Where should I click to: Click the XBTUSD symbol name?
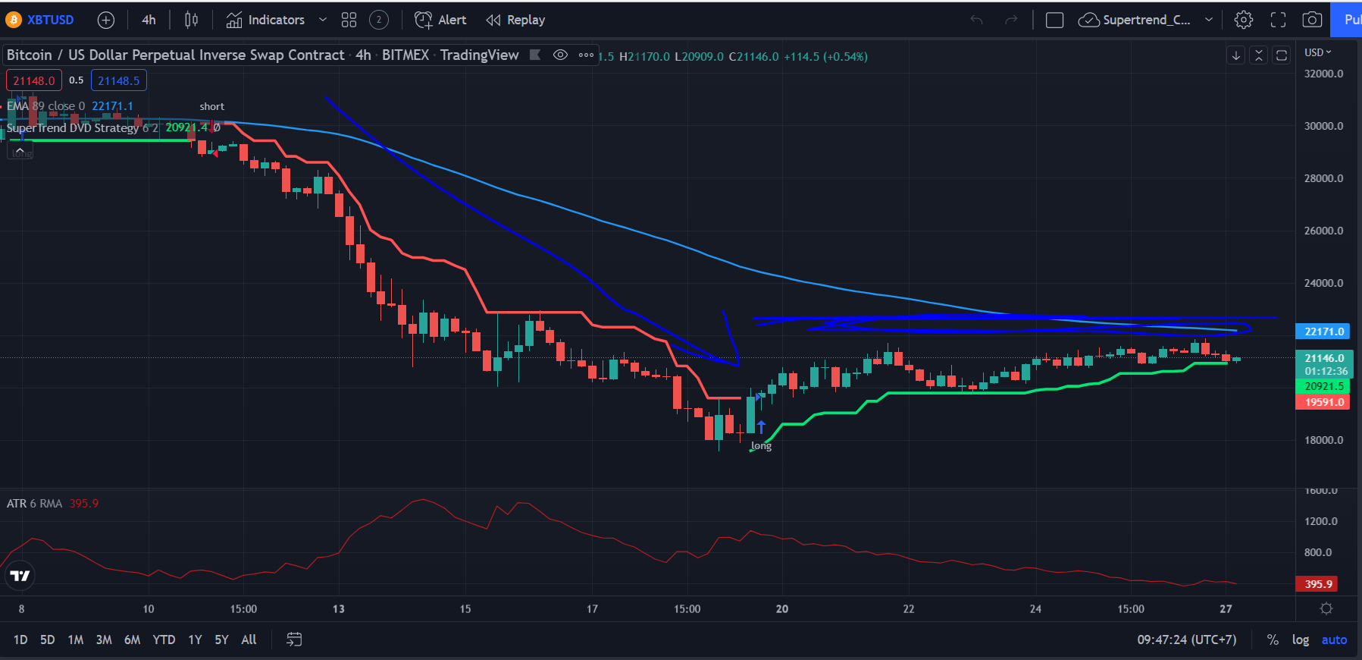[x=50, y=20]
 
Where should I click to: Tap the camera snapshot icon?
[x=1312, y=20]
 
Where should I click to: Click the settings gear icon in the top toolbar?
[x=1244, y=20]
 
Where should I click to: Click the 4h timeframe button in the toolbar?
[x=149, y=20]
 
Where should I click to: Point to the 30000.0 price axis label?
[x=1323, y=126]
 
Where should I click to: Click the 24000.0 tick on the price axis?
[x=1323, y=283]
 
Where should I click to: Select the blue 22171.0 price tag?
[x=1323, y=332]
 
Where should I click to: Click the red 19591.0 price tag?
[x=1323, y=402]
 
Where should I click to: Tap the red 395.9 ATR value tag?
[x=1317, y=584]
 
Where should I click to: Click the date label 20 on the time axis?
[x=782, y=608]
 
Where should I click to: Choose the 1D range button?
[x=20, y=640]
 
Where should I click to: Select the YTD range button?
[x=164, y=640]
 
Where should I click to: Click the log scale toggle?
[x=1301, y=640]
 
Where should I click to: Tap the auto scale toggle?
[x=1334, y=640]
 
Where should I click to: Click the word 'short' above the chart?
[x=212, y=106]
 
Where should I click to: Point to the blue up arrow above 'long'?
[x=761, y=427]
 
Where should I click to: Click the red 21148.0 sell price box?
[x=34, y=80]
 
